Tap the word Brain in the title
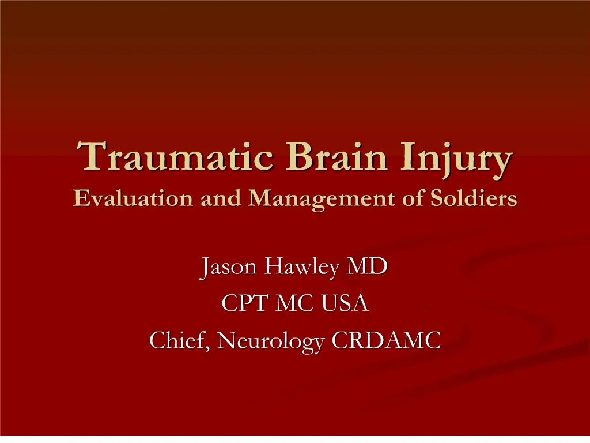(316, 157)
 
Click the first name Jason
(228, 268)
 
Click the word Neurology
(272, 342)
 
